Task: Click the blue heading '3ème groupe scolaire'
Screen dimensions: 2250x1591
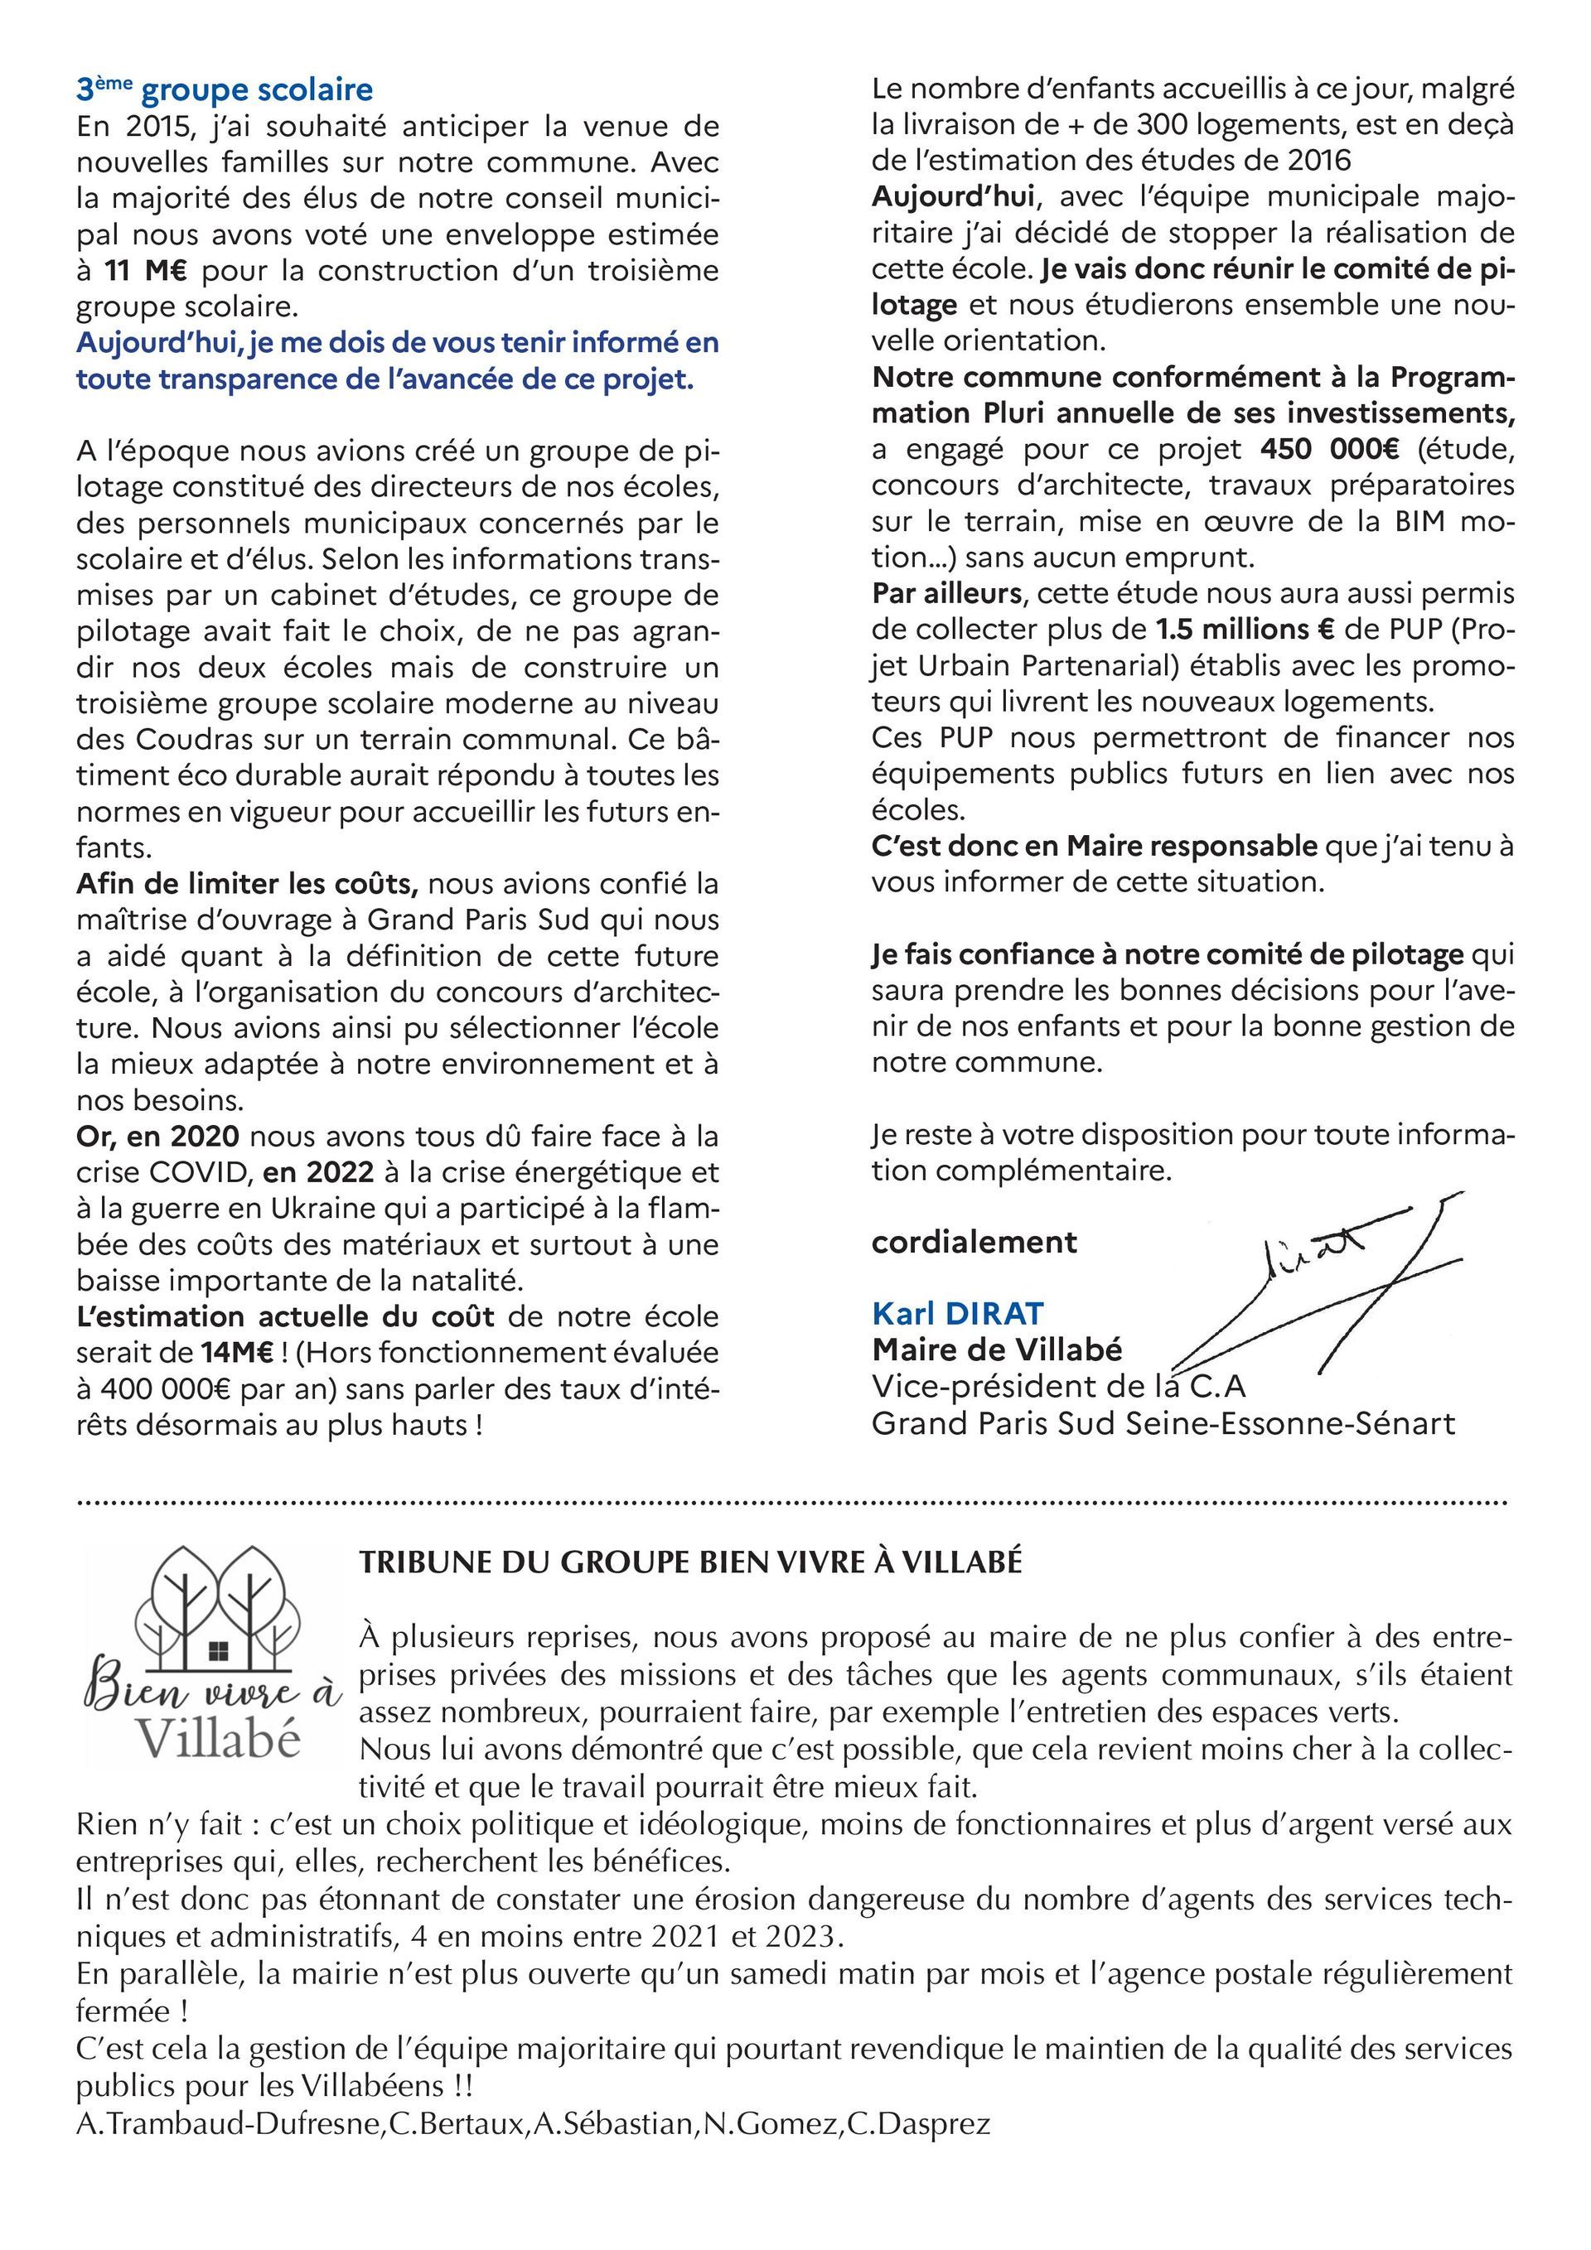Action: click(x=225, y=90)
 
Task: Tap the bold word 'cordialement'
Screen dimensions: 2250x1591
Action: click(x=974, y=1242)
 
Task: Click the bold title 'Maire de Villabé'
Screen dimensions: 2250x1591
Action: click(x=997, y=1350)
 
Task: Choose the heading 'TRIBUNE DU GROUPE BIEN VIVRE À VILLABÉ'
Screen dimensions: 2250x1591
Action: click(x=690, y=1562)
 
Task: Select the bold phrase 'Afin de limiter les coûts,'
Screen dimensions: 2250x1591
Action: click(x=247, y=884)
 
